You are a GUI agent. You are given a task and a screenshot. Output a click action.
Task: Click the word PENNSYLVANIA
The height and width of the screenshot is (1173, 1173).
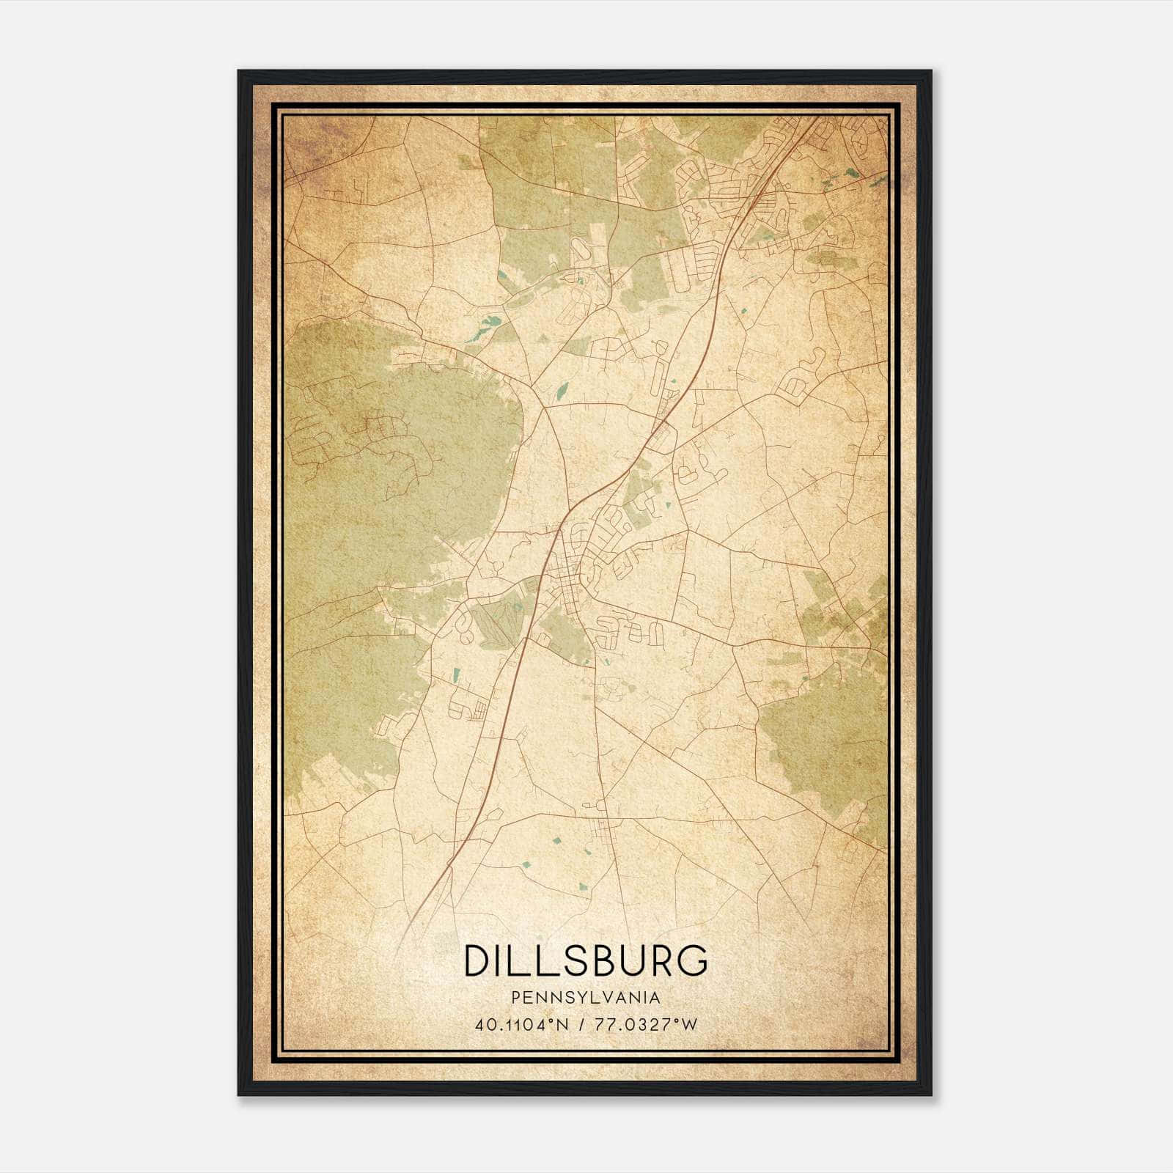pyautogui.click(x=586, y=998)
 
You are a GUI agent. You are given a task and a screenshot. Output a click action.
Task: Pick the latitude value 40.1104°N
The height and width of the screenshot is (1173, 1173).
pyautogui.click(x=521, y=1024)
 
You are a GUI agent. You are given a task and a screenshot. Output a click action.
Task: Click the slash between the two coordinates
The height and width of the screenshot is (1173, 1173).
pyautogui.click(x=581, y=1024)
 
